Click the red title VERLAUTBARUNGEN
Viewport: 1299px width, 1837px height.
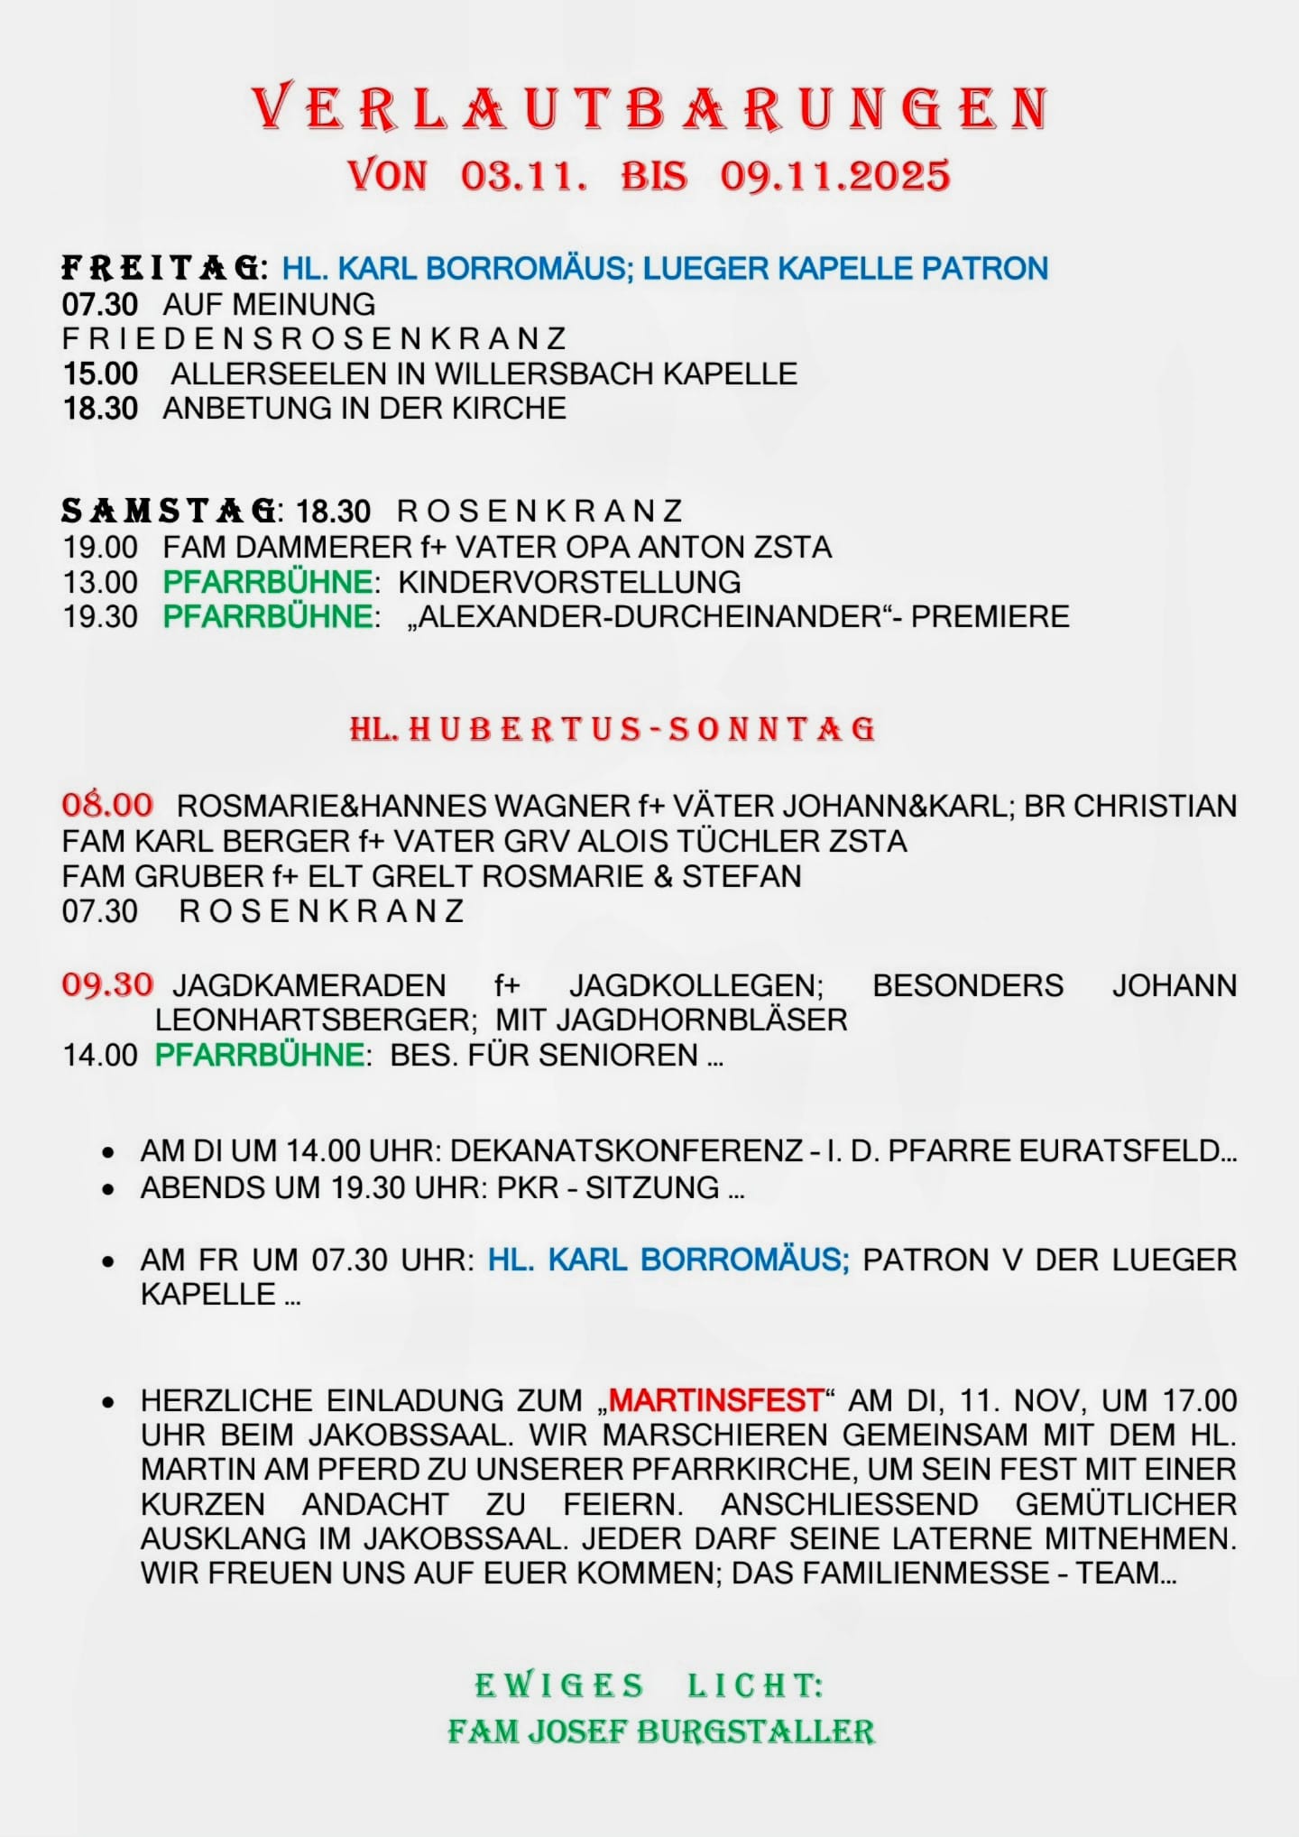coord(649,108)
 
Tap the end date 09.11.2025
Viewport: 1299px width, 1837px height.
coord(834,175)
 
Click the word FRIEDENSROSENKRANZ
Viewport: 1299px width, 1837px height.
coord(314,338)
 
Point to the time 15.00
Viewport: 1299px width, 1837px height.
coord(100,374)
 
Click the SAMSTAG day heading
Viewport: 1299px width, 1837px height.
coord(169,511)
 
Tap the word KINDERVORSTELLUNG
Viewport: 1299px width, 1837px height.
coord(569,582)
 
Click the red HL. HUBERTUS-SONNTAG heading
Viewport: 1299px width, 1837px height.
coord(613,729)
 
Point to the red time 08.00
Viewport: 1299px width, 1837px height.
coord(107,804)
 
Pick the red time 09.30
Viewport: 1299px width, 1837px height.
coord(107,983)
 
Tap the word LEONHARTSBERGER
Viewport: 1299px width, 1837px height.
coord(316,1020)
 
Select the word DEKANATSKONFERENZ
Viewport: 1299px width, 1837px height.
coord(626,1150)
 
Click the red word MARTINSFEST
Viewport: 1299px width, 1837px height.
coord(716,1400)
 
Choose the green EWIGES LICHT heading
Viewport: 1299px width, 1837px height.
coord(649,1685)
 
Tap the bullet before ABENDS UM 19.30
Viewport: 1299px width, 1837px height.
coord(108,1189)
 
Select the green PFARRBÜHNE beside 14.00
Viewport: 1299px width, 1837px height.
coord(260,1055)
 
